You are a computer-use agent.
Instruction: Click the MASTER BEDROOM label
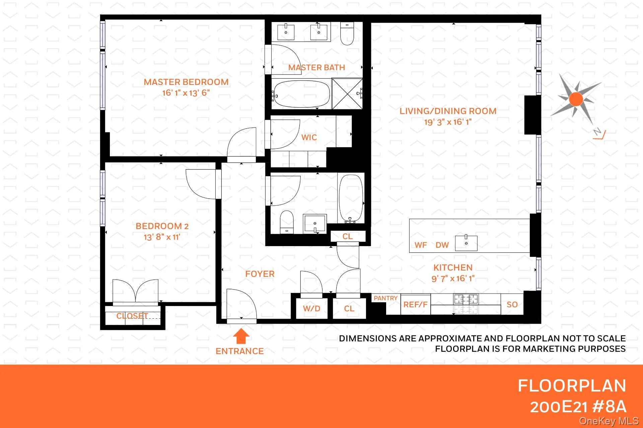click(186, 82)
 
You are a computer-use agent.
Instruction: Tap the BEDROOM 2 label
click(162, 226)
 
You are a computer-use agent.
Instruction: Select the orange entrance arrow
click(241, 336)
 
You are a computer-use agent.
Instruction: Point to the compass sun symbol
click(576, 99)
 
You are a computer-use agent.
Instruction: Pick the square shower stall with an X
click(347, 94)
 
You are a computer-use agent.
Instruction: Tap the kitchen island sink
click(466, 243)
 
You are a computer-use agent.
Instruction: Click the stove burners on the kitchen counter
click(466, 299)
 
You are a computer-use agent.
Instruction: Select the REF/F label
click(415, 305)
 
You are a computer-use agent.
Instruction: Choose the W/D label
click(311, 309)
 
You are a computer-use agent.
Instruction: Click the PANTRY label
click(385, 298)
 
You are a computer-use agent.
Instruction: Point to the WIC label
click(309, 137)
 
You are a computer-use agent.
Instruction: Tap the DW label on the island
click(442, 245)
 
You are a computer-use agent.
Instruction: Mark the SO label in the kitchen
click(512, 305)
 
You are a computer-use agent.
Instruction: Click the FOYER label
click(260, 274)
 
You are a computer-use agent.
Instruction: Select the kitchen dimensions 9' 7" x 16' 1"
click(453, 279)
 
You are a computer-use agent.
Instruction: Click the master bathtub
click(301, 94)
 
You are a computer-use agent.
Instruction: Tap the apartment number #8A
click(609, 407)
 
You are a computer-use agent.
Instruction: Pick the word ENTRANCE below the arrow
click(239, 351)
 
